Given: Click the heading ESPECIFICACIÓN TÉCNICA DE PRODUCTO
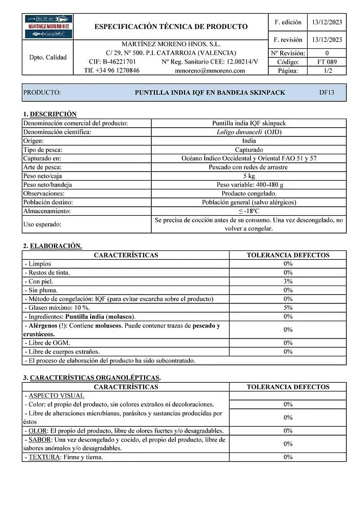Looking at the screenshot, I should click(x=171, y=26).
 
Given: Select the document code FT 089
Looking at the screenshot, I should click(x=326, y=62).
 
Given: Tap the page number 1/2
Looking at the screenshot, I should click(x=326, y=71).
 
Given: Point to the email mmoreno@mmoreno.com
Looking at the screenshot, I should click(x=210, y=71).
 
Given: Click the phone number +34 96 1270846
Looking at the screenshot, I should click(x=112, y=71).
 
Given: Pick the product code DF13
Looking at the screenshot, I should click(x=326, y=93).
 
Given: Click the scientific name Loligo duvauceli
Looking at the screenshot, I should click(x=240, y=132).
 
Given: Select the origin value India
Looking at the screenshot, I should click(x=249, y=140).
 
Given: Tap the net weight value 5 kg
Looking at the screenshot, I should click(x=249, y=176).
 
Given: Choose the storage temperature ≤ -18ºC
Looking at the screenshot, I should click(x=249, y=211).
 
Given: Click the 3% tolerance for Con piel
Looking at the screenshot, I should click(x=288, y=281).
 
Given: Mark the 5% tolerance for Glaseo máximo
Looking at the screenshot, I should click(x=288, y=308).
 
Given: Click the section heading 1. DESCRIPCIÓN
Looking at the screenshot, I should click(x=49, y=114).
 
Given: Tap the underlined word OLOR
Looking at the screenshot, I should click(x=38, y=431).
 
